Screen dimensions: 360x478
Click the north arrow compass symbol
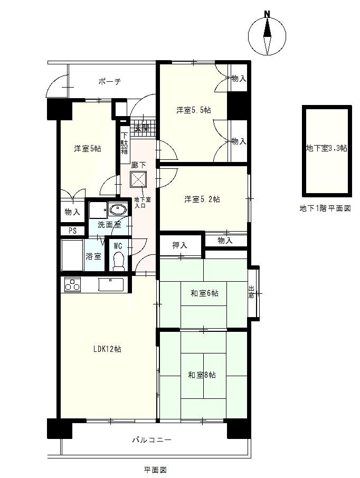pos(267,35)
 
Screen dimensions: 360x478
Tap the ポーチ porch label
pos(110,81)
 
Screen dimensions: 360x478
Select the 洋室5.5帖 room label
pos(194,110)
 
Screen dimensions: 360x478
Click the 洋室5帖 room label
pos(88,149)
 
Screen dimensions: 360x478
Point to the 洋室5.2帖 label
pos(202,199)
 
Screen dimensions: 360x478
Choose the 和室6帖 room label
pos(204,293)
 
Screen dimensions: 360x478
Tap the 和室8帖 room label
pos(202,375)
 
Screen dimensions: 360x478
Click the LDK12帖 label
pos(107,349)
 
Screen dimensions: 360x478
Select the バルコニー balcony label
pos(152,440)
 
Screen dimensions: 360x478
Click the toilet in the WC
pos(118,261)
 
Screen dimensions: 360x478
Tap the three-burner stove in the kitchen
pos(72,285)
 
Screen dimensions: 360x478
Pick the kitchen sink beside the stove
pos(111,285)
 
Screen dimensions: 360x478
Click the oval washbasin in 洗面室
pos(118,210)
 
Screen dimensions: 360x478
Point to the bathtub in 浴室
pos(72,255)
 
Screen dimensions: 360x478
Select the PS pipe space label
pos(73,231)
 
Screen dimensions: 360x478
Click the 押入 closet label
pos(179,245)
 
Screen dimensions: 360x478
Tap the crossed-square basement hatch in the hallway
pos(138,179)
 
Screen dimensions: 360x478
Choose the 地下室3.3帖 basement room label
pos(326,148)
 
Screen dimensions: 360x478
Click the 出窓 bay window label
pos(251,292)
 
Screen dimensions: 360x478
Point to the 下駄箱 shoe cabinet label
pos(125,143)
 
